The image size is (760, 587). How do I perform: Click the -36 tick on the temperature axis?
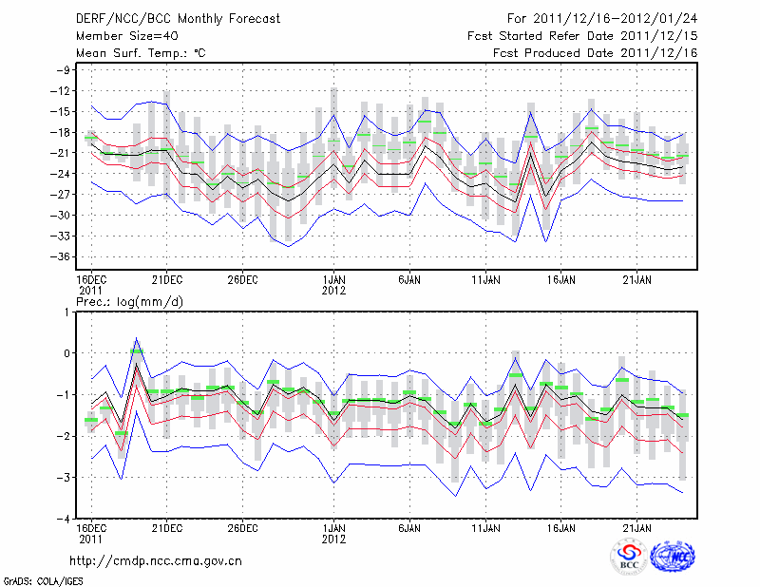pos(65,256)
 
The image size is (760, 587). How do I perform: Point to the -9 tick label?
pos(66,70)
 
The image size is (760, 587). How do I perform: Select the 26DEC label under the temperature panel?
pos(242,279)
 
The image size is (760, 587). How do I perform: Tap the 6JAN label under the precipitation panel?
pos(409,526)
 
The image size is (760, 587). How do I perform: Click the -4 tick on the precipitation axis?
pos(66,519)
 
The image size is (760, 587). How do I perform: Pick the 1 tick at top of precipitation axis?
pos(69,312)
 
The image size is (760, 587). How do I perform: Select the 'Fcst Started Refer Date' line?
pos(582,36)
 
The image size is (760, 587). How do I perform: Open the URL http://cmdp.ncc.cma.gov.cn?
pos(157,560)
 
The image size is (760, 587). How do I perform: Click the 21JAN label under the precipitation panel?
pos(637,526)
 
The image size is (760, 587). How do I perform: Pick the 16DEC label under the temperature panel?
pos(91,279)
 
